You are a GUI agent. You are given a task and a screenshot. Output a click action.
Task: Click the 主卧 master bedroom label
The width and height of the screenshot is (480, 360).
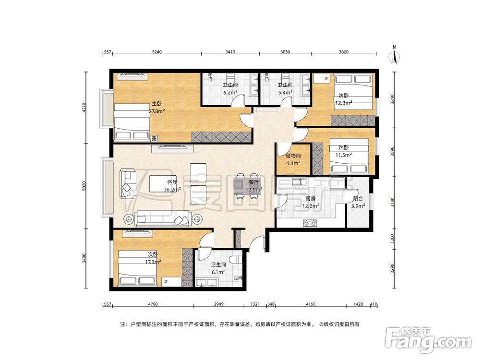tap(157, 104)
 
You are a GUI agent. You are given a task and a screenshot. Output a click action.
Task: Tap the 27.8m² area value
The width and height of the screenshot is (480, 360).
tap(157, 111)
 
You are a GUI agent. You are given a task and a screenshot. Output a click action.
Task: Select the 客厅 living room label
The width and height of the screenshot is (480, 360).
tap(172, 182)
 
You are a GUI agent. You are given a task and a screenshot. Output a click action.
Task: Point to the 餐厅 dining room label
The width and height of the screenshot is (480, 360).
tap(254, 182)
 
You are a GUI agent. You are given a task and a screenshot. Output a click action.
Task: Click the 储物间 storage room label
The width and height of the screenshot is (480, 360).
tap(293, 156)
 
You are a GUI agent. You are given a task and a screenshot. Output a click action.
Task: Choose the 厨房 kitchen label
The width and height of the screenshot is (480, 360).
tap(311, 199)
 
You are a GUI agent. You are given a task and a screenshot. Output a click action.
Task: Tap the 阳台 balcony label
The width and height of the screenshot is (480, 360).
tap(358, 199)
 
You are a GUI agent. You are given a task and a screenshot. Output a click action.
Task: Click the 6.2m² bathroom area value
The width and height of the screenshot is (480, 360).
tap(230, 92)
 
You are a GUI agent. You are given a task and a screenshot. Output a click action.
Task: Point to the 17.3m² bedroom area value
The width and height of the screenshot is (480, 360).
tap(153, 262)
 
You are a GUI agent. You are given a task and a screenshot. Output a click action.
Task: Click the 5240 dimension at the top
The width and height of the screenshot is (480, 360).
tap(157, 52)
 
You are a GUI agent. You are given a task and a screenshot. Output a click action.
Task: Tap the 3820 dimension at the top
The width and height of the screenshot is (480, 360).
tap(344, 52)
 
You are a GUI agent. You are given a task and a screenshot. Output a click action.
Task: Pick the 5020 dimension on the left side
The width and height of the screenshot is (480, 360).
tap(84, 186)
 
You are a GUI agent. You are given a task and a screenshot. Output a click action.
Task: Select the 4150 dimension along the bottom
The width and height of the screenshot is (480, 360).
tap(311, 304)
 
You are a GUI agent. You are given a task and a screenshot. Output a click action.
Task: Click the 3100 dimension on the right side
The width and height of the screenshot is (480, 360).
tap(393, 202)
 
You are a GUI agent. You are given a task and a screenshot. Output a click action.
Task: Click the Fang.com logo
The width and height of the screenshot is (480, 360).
tap(428, 340)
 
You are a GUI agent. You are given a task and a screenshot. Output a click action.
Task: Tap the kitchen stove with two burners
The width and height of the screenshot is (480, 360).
tap(310, 224)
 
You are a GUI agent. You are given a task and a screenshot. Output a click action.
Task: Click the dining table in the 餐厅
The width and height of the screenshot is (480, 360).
tap(248, 186)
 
